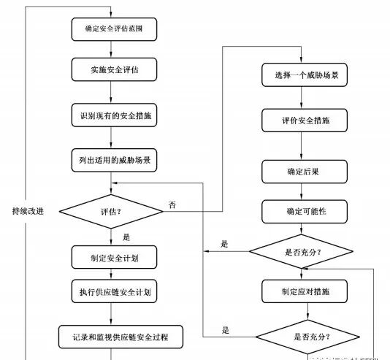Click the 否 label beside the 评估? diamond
[172, 204]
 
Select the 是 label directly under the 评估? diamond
[126, 236]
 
